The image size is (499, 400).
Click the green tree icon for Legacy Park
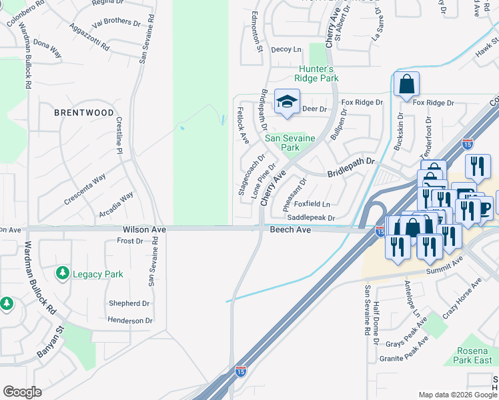(62, 273)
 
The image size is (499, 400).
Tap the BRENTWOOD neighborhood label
(84, 113)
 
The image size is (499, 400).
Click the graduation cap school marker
(287, 102)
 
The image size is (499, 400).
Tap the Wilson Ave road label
(144, 229)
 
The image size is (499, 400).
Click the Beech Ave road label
(290, 229)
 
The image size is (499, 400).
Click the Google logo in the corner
(22, 392)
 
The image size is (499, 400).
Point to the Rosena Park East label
(474, 355)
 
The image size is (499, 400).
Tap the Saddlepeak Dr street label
(310, 217)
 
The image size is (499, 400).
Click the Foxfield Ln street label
(312, 204)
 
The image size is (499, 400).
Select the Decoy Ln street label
(287, 49)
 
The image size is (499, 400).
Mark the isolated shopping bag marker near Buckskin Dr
(406, 85)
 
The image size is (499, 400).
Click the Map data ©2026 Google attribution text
(458, 395)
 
